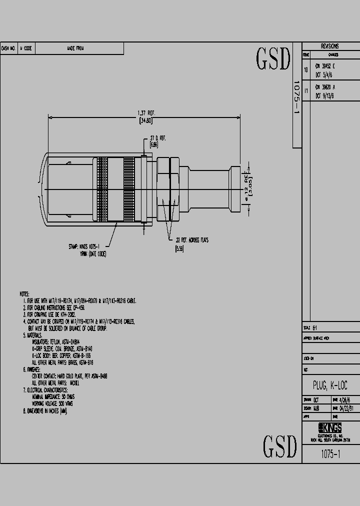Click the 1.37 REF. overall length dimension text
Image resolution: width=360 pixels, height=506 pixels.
[145, 112]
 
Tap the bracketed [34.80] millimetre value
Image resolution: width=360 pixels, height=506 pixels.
[145, 120]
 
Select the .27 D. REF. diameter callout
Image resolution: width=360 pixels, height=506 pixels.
[157, 138]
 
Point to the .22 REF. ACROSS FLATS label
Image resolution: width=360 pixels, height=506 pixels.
[191, 240]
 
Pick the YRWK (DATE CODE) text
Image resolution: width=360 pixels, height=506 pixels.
[93, 254]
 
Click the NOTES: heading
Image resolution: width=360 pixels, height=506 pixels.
[24, 294]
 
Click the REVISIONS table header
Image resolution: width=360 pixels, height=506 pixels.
[329, 46]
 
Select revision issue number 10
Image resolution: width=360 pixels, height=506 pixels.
[306, 70]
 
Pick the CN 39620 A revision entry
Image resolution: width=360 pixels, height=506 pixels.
[325, 87]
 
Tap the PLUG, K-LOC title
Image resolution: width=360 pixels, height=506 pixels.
[330, 385]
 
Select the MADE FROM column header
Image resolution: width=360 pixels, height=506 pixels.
[75, 48]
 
